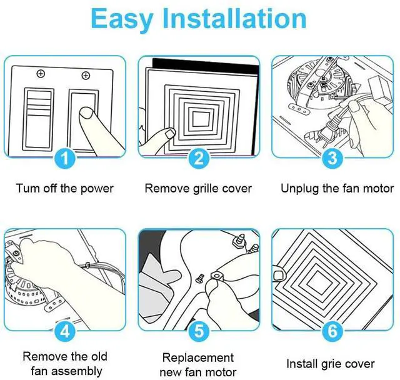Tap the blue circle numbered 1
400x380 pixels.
65,158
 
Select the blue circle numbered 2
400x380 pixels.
199,158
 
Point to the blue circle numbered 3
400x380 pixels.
332,158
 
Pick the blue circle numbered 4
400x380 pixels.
65,331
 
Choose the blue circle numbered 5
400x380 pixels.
199,331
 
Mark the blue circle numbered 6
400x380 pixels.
332,331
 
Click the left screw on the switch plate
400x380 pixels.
41,74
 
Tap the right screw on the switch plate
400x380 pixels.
86,76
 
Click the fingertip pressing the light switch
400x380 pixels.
86,112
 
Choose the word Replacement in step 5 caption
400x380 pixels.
198,357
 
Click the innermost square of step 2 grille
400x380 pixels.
201,119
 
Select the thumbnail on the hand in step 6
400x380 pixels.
279,275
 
